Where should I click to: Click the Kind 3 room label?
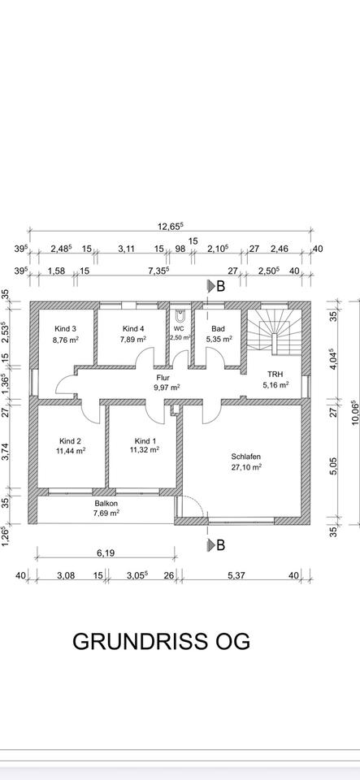click(x=66, y=329)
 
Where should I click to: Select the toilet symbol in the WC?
click(x=180, y=315)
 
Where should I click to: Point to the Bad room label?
click(x=219, y=329)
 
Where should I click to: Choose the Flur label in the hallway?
click(x=163, y=378)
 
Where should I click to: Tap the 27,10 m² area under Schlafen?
click(x=245, y=467)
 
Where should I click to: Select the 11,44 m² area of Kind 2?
click(x=70, y=451)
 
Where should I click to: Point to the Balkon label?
click(x=106, y=503)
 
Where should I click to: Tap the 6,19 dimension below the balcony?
click(x=105, y=553)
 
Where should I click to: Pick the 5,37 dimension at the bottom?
click(x=237, y=575)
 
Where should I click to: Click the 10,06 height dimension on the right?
click(x=354, y=414)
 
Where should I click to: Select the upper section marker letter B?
click(x=221, y=286)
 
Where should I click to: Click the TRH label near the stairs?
click(x=275, y=374)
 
